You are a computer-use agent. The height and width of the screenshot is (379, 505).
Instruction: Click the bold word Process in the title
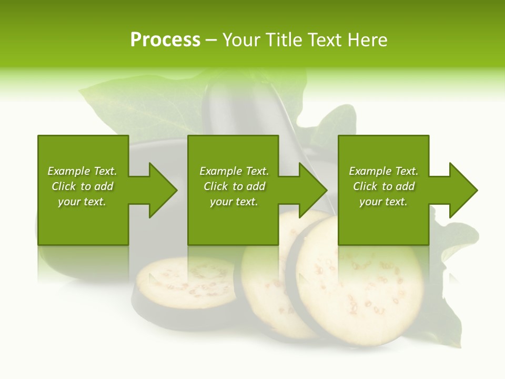(x=165, y=40)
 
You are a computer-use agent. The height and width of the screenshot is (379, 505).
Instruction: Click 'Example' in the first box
(x=68, y=171)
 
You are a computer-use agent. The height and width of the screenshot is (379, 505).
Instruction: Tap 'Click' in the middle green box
(x=216, y=186)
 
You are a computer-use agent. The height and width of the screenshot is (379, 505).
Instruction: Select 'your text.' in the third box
(x=383, y=202)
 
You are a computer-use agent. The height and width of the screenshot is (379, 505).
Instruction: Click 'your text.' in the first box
(x=82, y=202)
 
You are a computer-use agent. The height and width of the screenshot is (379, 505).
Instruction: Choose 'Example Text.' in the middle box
(x=234, y=171)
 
